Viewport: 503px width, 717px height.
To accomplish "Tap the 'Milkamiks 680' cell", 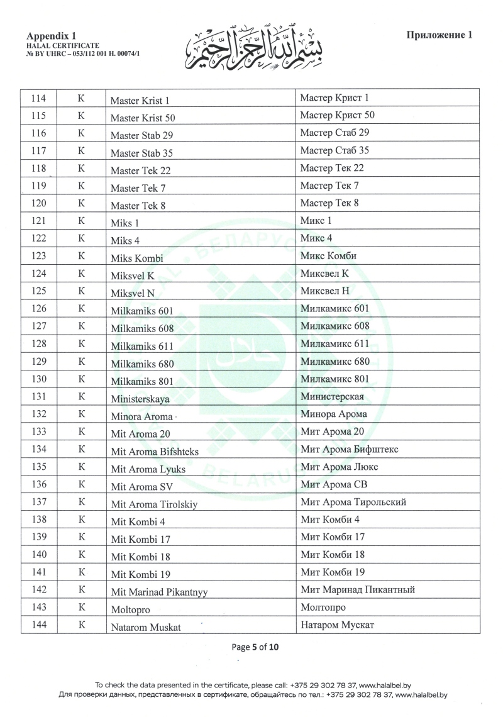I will (142, 364).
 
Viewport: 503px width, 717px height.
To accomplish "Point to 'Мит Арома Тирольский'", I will (353, 502).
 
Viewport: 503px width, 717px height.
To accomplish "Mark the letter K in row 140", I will (80, 555).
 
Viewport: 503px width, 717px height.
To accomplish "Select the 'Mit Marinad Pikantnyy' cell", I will (159, 592).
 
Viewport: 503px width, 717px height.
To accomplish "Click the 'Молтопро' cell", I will (323, 608).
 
